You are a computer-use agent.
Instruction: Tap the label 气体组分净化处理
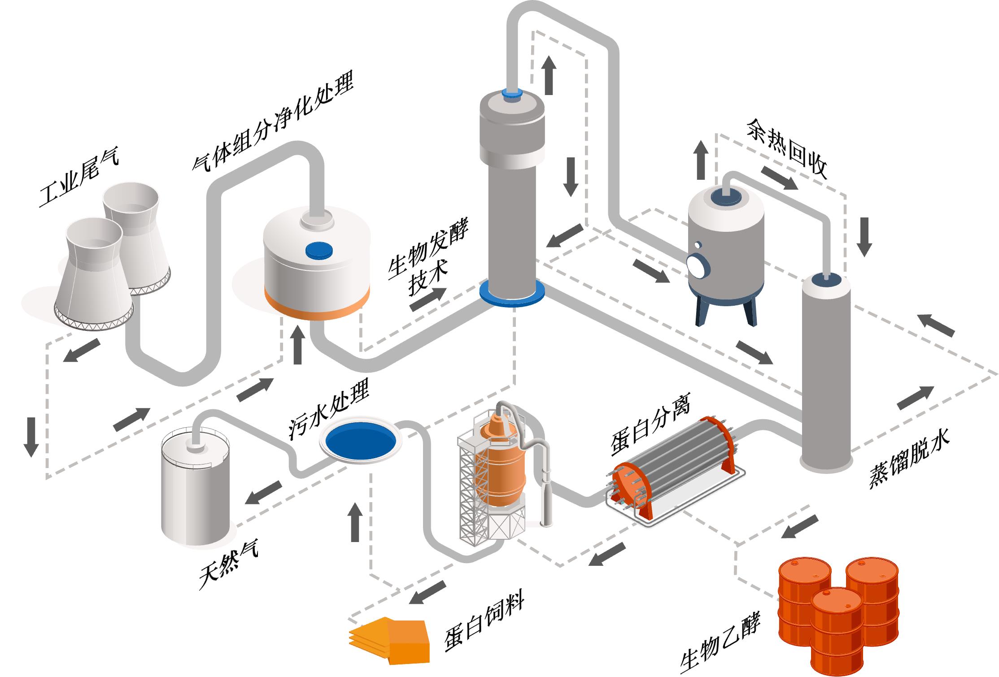point(272,121)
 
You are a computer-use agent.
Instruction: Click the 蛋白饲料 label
point(484,624)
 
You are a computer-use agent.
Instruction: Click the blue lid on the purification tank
point(319,250)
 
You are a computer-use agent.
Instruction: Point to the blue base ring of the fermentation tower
point(512,294)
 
